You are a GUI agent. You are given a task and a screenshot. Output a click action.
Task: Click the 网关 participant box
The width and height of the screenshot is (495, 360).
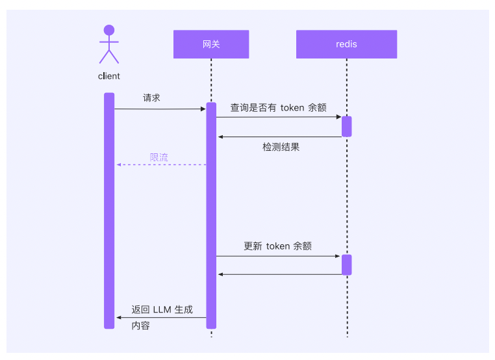pyautogui.click(x=211, y=44)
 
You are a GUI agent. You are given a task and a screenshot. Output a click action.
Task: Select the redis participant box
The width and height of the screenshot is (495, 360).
pyautogui.click(x=346, y=44)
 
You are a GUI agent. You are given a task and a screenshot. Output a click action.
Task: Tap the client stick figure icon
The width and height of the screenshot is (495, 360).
pyautogui.click(x=109, y=44)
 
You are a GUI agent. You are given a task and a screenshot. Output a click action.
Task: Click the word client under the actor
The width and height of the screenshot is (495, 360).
pyautogui.click(x=109, y=76)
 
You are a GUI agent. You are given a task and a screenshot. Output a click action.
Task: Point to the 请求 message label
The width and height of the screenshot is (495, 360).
pyautogui.click(x=151, y=98)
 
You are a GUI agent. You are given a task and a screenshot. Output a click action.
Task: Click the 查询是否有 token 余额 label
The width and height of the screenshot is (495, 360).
pyautogui.click(x=278, y=107)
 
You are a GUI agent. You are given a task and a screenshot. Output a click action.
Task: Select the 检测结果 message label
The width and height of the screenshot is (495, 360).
pyautogui.click(x=281, y=148)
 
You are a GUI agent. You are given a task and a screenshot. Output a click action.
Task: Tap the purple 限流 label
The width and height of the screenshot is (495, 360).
pyautogui.click(x=159, y=157)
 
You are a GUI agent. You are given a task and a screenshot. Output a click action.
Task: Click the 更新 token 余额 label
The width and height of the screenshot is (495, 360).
pyautogui.click(x=277, y=246)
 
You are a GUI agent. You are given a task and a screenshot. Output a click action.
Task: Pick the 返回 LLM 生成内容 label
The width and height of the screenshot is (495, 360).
pyautogui.click(x=162, y=317)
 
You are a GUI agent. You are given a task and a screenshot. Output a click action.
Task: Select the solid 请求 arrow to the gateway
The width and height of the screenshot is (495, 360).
pyautogui.click(x=160, y=109)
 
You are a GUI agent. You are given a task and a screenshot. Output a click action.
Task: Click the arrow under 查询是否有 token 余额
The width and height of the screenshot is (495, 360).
pyautogui.click(x=279, y=117)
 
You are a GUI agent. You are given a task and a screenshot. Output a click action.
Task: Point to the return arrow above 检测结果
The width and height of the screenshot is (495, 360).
pyautogui.click(x=280, y=136)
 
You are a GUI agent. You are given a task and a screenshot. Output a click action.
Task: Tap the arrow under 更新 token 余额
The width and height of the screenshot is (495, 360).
pyautogui.click(x=279, y=256)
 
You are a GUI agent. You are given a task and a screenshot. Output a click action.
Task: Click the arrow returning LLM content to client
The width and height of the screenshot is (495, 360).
pyautogui.click(x=162, y=317)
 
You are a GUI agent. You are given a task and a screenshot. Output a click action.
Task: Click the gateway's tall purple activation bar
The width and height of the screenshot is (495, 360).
pyautogui.click(x=211, y=214)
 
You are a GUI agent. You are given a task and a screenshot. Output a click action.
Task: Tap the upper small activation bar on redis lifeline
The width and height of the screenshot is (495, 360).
pyautogui.click(x=347, y=126)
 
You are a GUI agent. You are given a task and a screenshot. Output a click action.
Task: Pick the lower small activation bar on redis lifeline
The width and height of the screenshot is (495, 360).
pyautogui.click(x=347, y=264)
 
